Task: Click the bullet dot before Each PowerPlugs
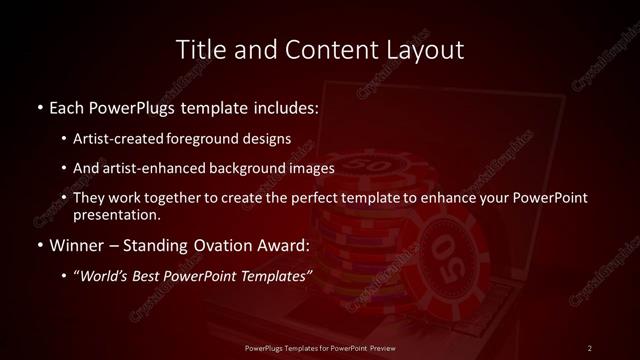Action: coord(39,105)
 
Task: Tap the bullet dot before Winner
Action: coord(39,245)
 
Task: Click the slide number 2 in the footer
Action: coord(590,347)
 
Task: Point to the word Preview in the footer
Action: coord(394,347)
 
